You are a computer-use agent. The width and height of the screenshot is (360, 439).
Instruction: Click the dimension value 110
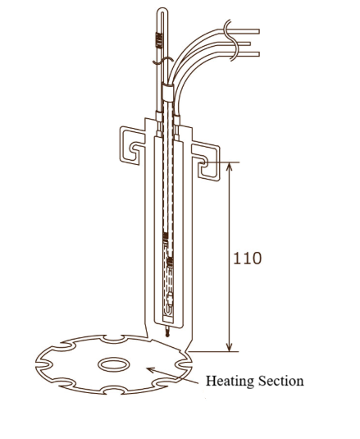click(248, 258)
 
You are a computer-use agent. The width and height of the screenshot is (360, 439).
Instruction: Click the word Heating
click(230, 382)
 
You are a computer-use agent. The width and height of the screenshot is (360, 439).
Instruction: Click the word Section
click(280, 381)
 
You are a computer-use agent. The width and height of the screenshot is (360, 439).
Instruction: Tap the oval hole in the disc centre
click(114, 364)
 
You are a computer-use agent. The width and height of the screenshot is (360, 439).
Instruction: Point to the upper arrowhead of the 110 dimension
click(229, 167)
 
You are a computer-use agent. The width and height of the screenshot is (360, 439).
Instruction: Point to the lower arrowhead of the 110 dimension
click(229, 346)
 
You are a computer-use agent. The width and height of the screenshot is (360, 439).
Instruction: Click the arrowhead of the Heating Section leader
click(151, 369)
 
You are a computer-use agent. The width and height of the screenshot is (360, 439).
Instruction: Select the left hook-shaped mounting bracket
click(132, 145)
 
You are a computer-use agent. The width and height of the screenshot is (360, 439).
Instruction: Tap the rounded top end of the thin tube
click(162, 10)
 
